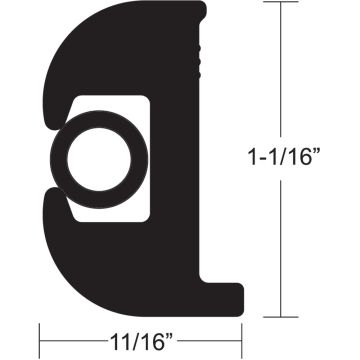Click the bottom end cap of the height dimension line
click(283, 314)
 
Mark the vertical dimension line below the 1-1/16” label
click(283, 240)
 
